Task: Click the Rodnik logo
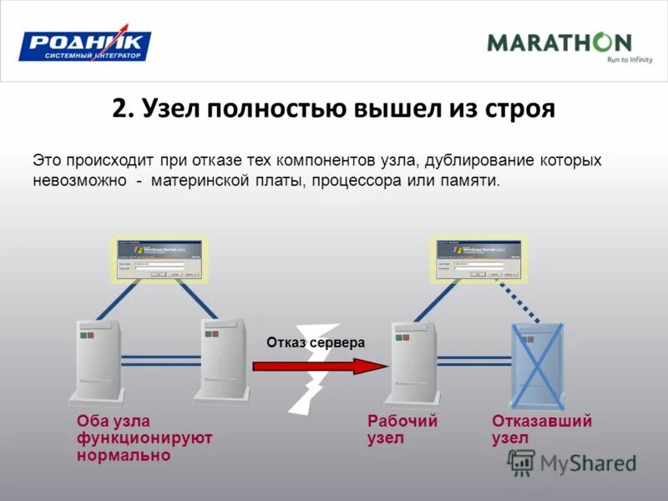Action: pyautogui.click(x=85, y=46)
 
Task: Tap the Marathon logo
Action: pyautogui.click(x=559, y=43)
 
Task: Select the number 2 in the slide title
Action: pyautogui.click(x=119, y=109)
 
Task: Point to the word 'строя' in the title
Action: pyautogui.click(x=519, y=109)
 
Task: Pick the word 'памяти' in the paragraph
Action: pyautogui.click(x=468, y=180)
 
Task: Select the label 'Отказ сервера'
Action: pyautogui.click(x=316, y=342)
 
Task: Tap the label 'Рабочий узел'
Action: pyautogui.click(x=402, y=429)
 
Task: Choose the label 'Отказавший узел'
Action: pyautogui.click(x=542, y=429)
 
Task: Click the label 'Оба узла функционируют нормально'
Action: pyautogui.click(x=144, y=438)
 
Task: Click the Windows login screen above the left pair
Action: pyautogui.click(x=160, y=259)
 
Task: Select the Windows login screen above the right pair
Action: pyautogui.click(x=475, y=259)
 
